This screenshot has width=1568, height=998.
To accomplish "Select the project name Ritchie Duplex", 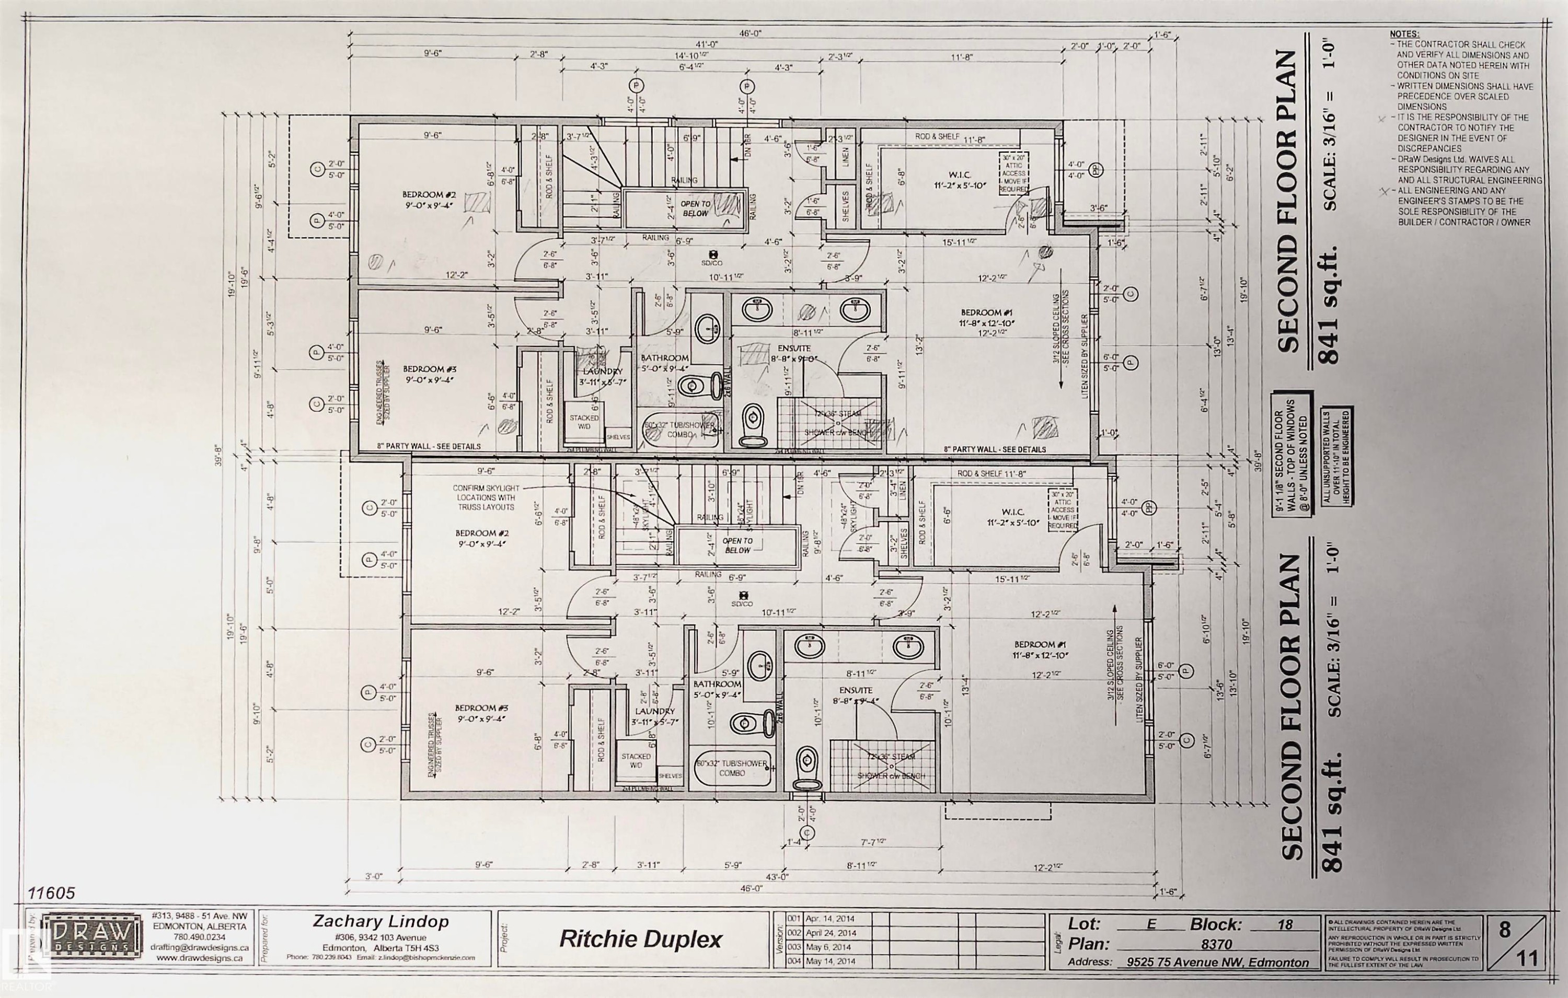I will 641,939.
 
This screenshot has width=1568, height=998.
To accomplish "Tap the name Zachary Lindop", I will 381,921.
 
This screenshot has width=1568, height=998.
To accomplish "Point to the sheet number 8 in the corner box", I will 1504,930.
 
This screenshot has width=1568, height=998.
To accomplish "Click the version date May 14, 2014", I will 829,961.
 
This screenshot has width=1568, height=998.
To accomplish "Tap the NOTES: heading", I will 1404,34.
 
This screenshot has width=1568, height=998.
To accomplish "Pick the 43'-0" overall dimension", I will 775,877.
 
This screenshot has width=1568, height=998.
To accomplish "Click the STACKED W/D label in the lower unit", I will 636,761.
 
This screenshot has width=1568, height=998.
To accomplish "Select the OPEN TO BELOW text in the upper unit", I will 696,208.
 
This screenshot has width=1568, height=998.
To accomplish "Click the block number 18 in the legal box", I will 1285,924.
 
